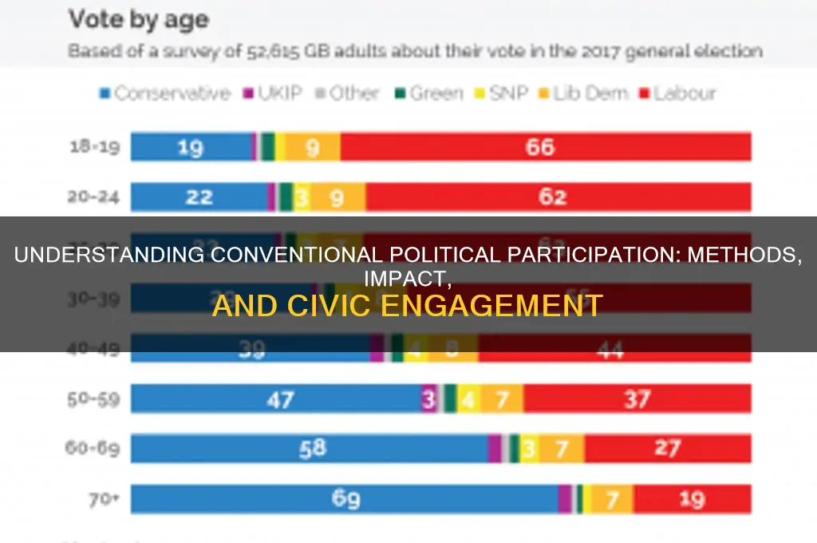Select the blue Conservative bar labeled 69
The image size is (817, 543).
click(x=345, y=499)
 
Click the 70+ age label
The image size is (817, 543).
click(x=103, y=499)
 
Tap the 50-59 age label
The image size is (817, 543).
click(x=92, y=398)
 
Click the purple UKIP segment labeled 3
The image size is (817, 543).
click(x=429, y=398)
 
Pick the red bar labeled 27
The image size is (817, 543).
click(x=667, y=449)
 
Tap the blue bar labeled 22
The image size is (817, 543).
click(x=199, y=196)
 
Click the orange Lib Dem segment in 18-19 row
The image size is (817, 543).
click(x=313, y=147)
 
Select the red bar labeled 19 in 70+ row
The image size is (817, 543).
click(x=692, y=499)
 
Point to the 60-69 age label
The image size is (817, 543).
click(x=92, y=449)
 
